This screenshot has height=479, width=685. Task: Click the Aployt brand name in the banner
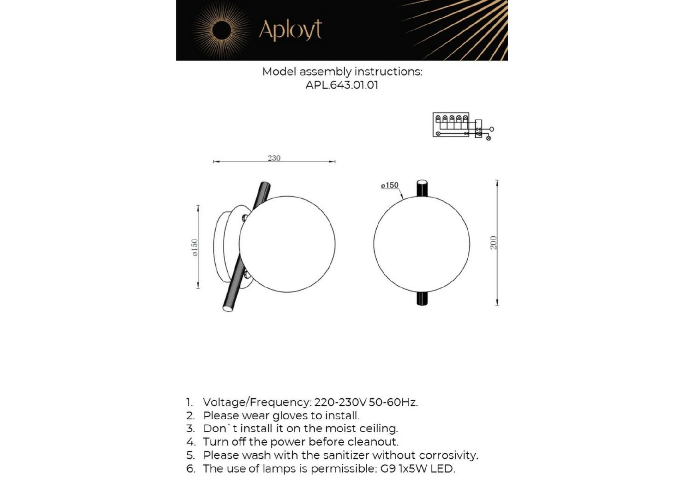point(290,30)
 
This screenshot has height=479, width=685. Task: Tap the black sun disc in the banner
point(222,31)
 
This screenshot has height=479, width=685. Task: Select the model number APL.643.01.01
point(342,85)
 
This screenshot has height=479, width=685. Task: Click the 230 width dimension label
point(274,158)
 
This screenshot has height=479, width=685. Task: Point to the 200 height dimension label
point(493,243)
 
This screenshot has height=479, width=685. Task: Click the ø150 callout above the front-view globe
point(390,186)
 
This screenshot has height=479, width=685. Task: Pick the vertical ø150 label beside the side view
point(195,247)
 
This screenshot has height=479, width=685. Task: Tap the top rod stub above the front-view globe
point(422,188)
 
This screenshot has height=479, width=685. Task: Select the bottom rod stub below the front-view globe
point(422,299)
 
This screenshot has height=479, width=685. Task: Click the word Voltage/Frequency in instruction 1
point(257,402)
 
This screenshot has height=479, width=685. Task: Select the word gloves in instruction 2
point(292,416)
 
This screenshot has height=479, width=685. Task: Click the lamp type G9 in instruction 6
point(388,469)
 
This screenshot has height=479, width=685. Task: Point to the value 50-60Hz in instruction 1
point(393,402)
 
